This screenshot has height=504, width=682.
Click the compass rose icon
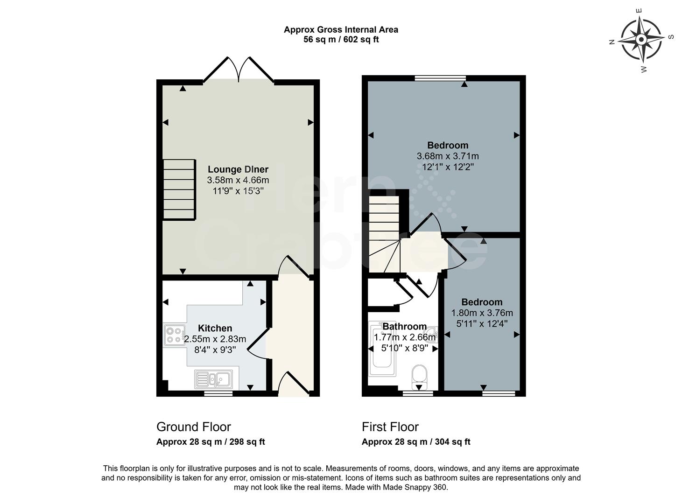click(641, 40)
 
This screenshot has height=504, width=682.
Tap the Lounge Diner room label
click(238, 169)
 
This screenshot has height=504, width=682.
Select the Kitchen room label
click(215, 328)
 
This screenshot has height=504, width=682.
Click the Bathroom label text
click(404, 326)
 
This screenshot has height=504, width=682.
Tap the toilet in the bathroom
click(420, 376)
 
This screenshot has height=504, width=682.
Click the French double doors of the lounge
click(239, 70)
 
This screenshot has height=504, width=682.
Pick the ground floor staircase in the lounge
click(179, 189)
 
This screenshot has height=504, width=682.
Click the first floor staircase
click(384, 233)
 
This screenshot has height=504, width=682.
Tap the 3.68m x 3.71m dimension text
click(448, 156)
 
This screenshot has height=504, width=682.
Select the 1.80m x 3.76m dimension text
click(482, 313)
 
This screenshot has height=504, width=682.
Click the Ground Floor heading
click(193, 427)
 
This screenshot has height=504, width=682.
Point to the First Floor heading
click(390, 427)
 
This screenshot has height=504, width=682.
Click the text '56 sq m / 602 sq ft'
click(341, 40)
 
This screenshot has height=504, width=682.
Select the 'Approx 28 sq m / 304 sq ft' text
click(416, 441)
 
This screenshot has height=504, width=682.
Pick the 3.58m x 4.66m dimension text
click(238, 180)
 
